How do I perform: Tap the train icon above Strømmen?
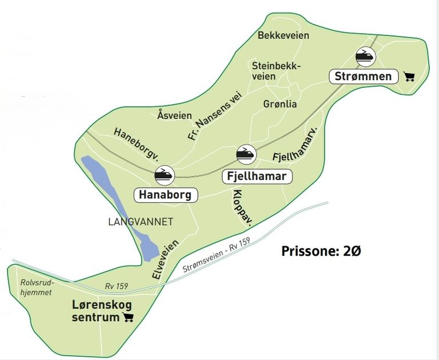point(365,57)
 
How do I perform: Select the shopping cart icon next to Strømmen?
point(409,77)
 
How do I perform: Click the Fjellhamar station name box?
point(257,176)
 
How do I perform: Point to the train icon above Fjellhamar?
point(246,154)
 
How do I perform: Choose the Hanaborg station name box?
point(166,194)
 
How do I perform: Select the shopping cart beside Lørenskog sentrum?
point(128,317)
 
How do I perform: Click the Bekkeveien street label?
point(284,35)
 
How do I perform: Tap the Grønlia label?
point(280,105)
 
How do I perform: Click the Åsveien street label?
point(174,115)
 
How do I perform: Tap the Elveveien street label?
point(165,259)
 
